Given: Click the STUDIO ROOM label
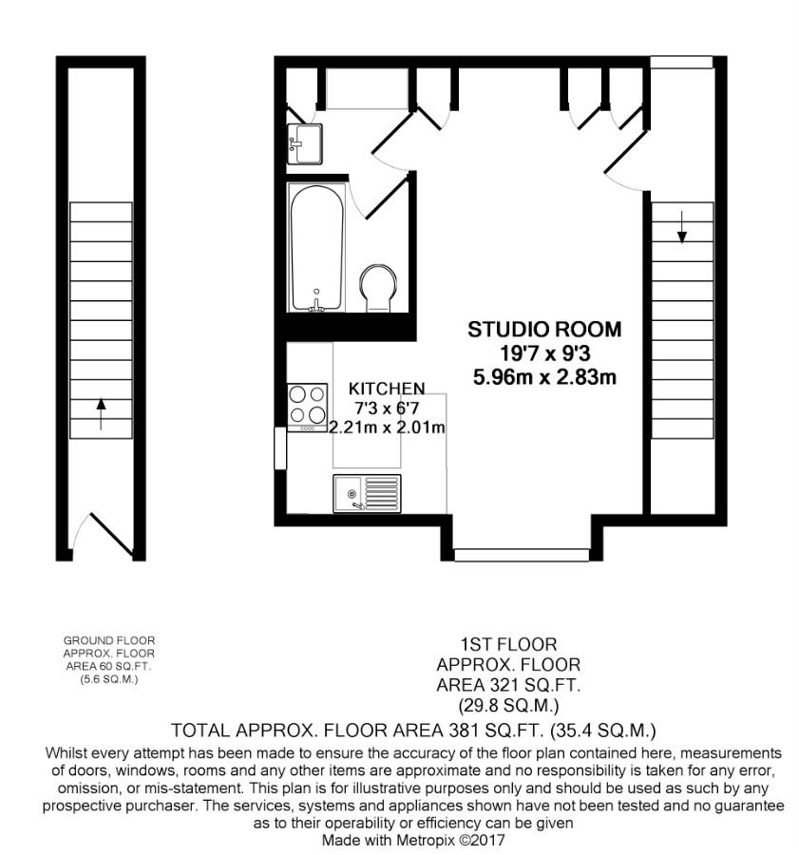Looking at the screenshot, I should pyautogui.click(x=544, y=330).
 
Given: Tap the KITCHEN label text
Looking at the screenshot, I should pyautogui.click(x=386, y=389).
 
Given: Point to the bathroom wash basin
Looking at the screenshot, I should pyautogui.click(x=304, y=143).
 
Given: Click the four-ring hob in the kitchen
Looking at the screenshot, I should pyautogui.click(x=307, y=406).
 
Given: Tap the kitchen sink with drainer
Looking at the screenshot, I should pyautogui.click(x=367, y=492).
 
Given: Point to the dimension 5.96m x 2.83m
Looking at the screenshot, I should pyautogui.click(x=544, y=377).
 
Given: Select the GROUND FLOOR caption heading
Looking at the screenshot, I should pyautogui.click(x=108, y=641).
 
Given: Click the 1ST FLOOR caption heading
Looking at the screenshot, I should pyautogui.click(x=507, y=645).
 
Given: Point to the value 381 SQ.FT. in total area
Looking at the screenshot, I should pyautogui.click(x=496, y=731).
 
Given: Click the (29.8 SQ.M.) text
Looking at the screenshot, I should pyautogui.click(x=507, y=706).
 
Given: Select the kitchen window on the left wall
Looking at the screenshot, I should pyautogui.click(x=278, y=447).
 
